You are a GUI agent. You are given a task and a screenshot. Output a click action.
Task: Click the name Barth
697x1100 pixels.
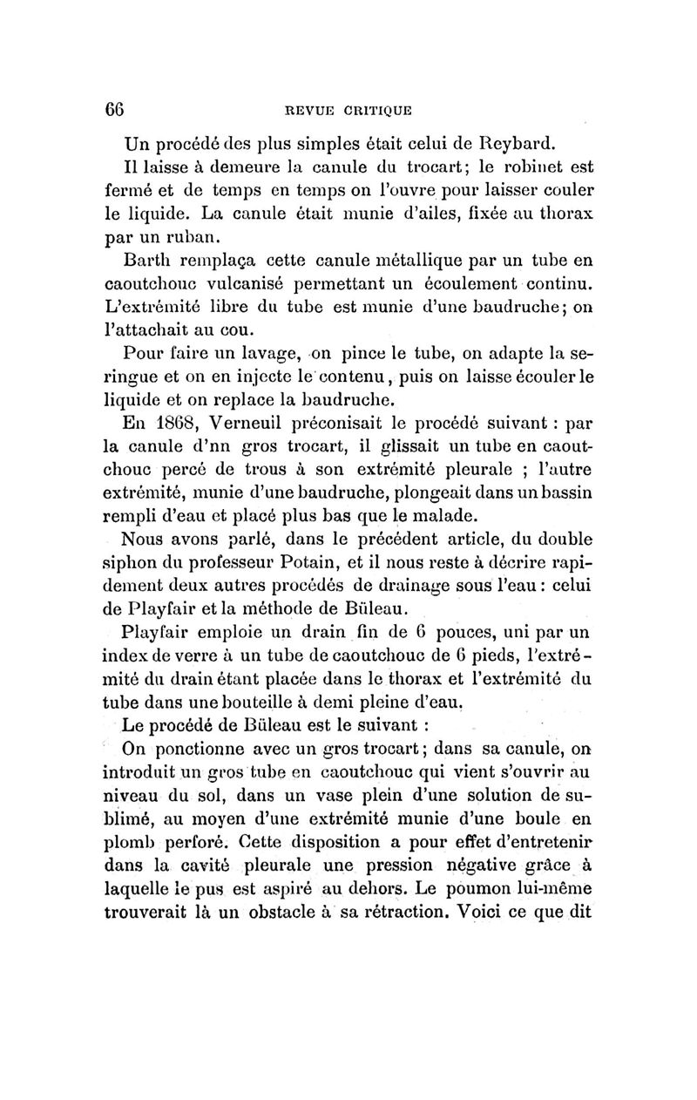[x=150, y=258]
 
